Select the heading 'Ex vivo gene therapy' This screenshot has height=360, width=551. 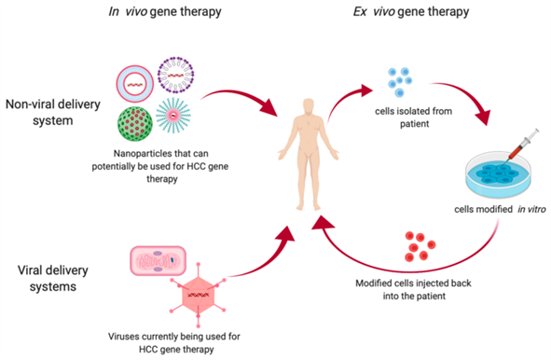tap(420, 13)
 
